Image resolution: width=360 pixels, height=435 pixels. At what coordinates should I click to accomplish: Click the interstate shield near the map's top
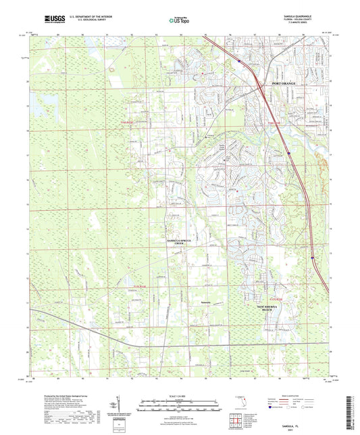coord(238,60)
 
